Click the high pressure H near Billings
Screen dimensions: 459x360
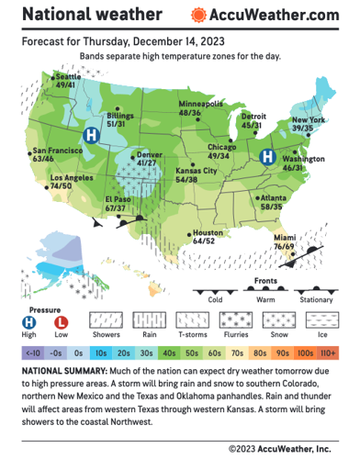91,134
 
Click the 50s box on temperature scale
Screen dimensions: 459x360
191,353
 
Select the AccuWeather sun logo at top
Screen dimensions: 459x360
198,16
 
